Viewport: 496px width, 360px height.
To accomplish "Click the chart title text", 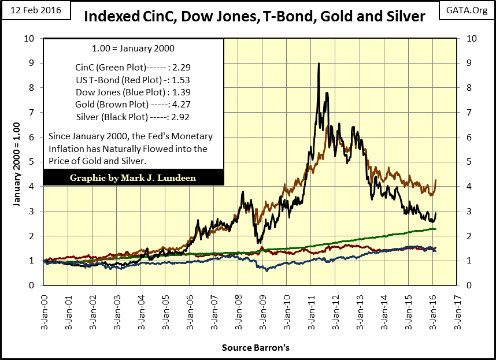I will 255,16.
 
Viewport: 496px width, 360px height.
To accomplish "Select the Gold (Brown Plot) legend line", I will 133,104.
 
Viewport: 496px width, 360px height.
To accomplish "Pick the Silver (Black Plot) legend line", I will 133,117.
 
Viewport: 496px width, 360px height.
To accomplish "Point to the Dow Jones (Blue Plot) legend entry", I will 133,92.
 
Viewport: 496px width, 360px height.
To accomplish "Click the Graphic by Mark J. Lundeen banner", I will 133,178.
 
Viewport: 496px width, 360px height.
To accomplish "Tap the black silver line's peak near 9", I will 319,64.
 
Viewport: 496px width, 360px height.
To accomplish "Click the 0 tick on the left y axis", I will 32,285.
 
